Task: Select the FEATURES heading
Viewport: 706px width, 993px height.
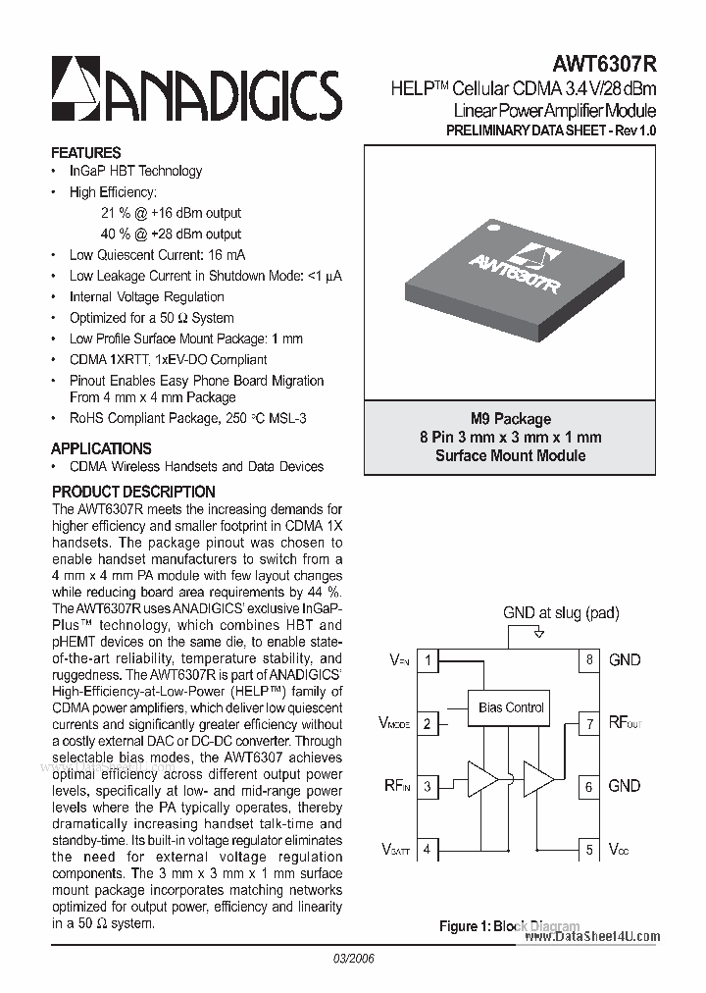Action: pyautogui.click(x=86, y=153)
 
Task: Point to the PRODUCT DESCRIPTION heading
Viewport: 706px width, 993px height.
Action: pyautogui.click(x=133, y=492)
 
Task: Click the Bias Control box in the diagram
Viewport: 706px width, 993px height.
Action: pyautogui.click(x=511, y=706)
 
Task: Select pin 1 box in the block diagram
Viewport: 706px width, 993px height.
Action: pyautogui.click(x=428, y=660)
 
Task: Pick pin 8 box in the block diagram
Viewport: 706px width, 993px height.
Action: pyautogui.click(x=589, y=660)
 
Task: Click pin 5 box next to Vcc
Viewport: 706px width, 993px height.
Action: pyautogui.click(x=589, y=850)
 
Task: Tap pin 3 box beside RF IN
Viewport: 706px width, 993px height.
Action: pyautogui.click(x=428, y=786)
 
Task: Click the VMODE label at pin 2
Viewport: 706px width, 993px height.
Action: pyautogui.click(x=394, y=724)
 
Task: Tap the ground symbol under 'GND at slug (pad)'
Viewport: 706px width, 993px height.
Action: pyautogui.click(x=537, y=634)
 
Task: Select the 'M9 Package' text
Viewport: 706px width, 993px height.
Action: pyautogui.click(x=511, y=419)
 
